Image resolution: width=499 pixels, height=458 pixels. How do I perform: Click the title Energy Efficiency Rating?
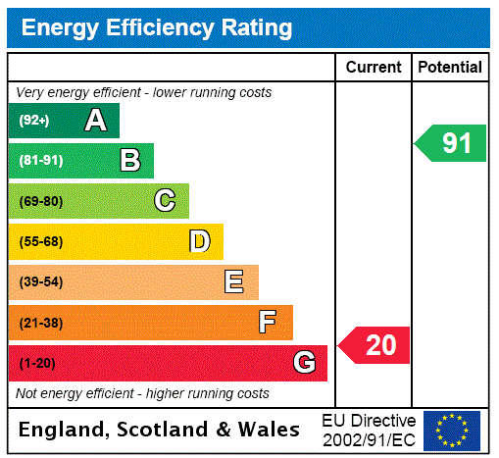(x=157, y=27)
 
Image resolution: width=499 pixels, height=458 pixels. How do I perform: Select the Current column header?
(x=374, y=68)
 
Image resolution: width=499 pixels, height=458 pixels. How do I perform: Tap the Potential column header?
(x=450, y=68)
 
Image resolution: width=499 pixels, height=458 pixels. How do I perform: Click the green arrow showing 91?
(x=452, y=143)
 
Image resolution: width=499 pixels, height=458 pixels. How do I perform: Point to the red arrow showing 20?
(x=376, y=345)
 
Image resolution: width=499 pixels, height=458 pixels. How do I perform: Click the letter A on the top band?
(x=95, y=121)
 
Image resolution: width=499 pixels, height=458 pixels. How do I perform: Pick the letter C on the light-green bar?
(x=165, y=201)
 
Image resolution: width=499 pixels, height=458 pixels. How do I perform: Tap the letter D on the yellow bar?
(x=199, y=241)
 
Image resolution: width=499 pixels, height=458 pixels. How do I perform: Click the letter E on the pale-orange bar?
(x=234, y=282)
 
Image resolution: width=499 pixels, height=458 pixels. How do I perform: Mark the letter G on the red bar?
(x=304, y=363)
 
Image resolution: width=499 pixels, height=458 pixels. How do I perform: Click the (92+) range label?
(x=33, y=121)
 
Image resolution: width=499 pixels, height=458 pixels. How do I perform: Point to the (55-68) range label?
(x=40, y=241)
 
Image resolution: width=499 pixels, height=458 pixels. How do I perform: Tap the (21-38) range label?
(x=40, y=323)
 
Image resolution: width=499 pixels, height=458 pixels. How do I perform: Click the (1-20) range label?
(x=37, y=363)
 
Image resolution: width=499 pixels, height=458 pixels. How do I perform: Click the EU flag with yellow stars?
(x=452, y=430)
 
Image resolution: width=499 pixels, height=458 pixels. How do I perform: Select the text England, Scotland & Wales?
(x=160, y=430)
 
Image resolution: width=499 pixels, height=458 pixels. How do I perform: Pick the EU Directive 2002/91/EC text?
(x=369, y=430)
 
